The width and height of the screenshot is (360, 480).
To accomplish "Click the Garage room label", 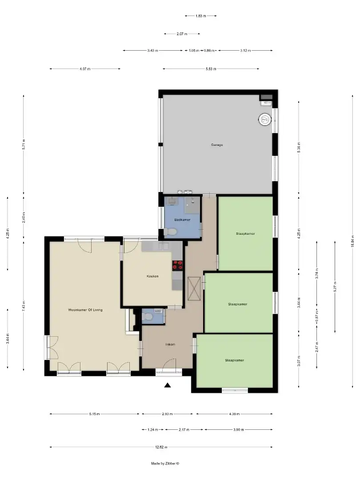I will pos(217,145).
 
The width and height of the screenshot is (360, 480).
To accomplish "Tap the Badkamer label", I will pos(182,220).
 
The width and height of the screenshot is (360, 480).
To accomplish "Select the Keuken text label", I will pos(152,276).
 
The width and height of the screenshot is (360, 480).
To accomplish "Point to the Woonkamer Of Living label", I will pos(85,310).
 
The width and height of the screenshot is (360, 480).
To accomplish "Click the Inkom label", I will pos(170,344).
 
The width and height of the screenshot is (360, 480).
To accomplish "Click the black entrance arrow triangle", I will pos(168,385).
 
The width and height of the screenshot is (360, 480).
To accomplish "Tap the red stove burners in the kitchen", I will pos(178,265).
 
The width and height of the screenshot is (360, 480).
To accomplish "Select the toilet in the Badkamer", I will pos(171,232).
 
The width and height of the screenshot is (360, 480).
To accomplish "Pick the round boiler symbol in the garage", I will pos(264,119).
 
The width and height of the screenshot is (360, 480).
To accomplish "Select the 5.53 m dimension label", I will pos(211,69).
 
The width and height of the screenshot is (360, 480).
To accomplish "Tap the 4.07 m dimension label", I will pos(85,69).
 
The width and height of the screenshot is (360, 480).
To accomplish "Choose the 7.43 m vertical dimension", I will pos(24,306).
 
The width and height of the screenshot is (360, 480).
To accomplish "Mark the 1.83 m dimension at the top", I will pos(200,16).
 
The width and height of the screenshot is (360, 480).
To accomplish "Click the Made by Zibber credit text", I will pos(165,463).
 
